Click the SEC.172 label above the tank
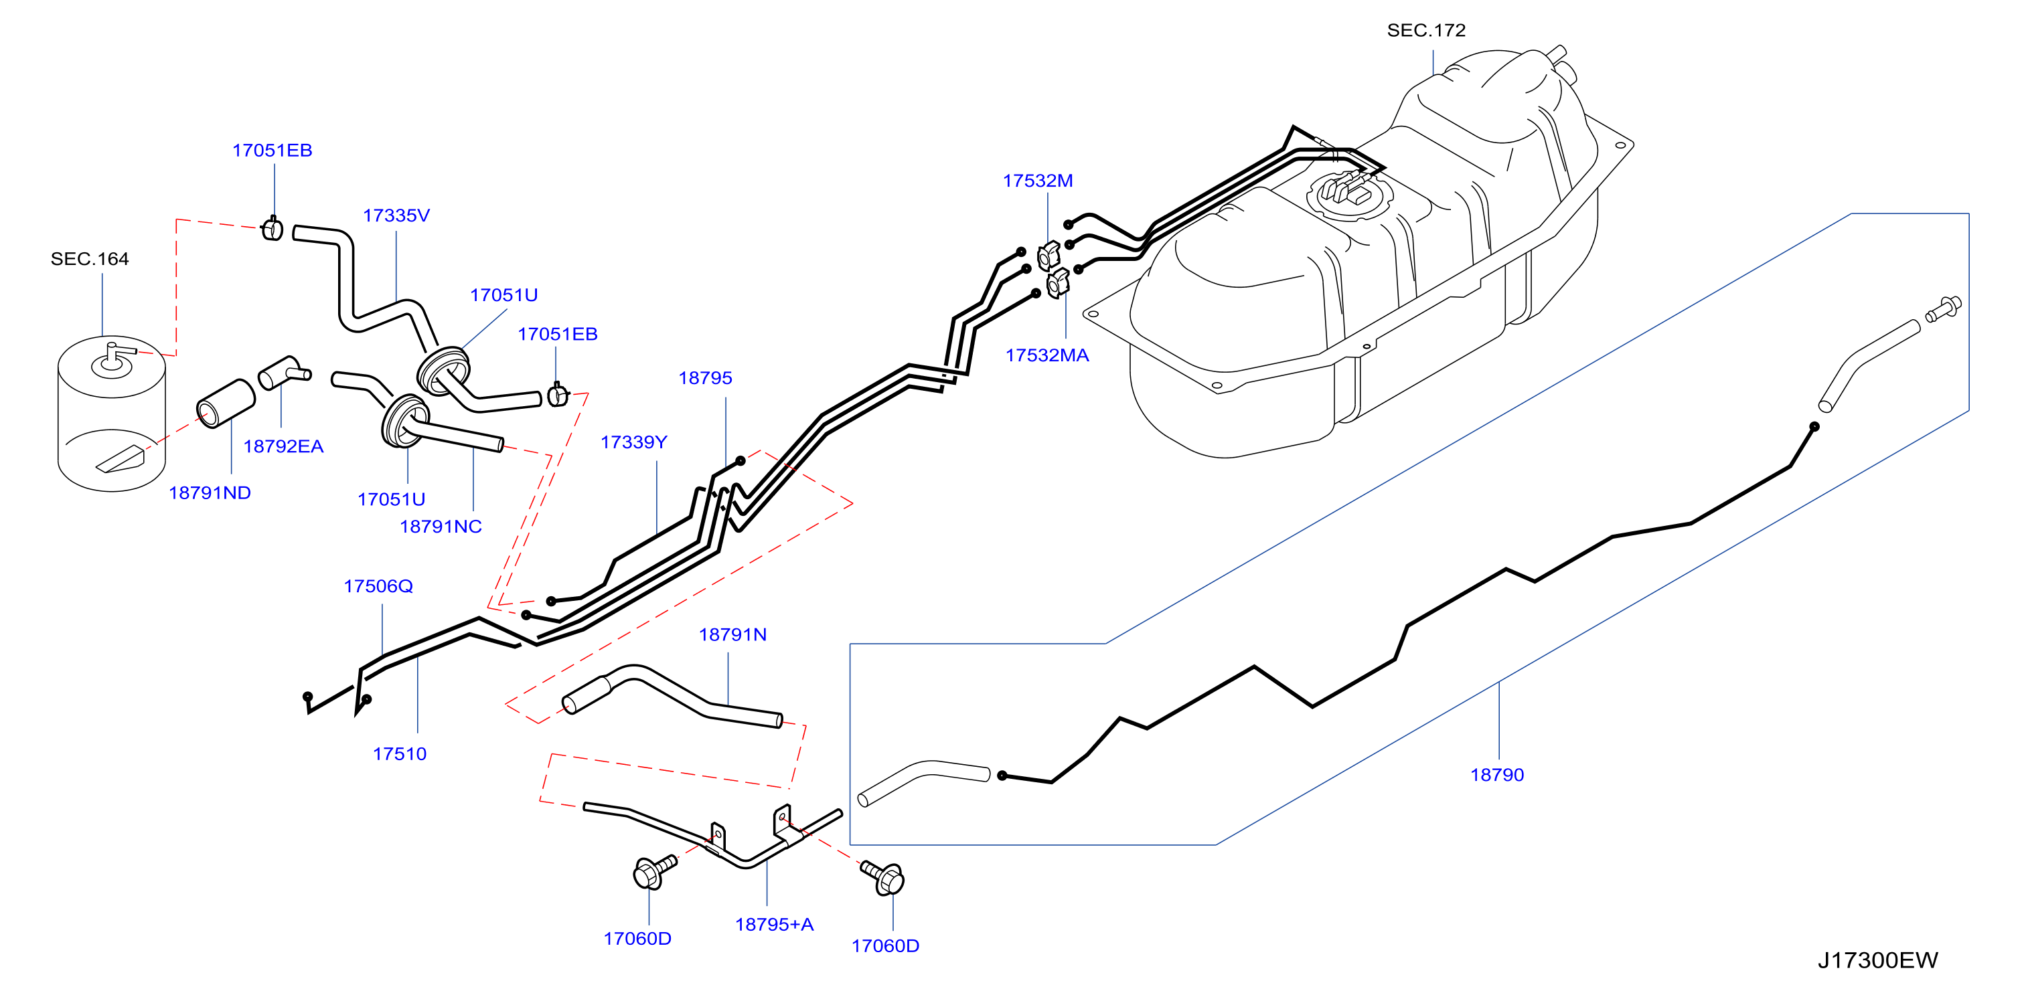pos(1425,31)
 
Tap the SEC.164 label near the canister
pos(90,259)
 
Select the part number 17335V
pos(396,215)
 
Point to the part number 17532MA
pos(1047,355)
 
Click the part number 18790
pos(1496,774)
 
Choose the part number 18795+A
pos(774,924)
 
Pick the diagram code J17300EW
pos(1877,960)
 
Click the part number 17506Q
pos(378,586)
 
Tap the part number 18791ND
pos(210,493)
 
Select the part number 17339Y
pos(633,442)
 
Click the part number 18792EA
pos(283,447)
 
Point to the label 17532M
pos(1037,181)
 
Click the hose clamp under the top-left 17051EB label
pos(272,228)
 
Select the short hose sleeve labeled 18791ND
pos(226,403)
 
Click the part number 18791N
pos(732,635)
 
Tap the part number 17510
pos(399,754)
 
